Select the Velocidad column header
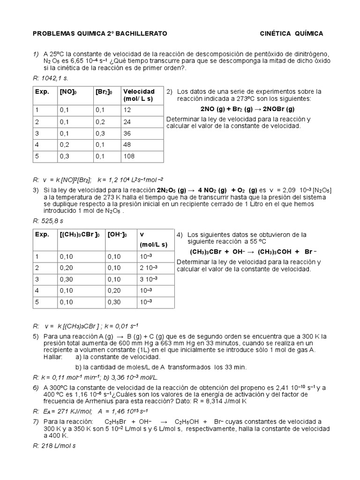139,95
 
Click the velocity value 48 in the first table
127,144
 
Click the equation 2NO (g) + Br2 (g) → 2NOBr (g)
247,109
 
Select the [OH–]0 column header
118,235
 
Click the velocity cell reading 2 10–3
146,268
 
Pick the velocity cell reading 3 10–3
146,279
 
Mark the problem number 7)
36,421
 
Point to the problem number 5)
36,337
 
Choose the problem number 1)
36,54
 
